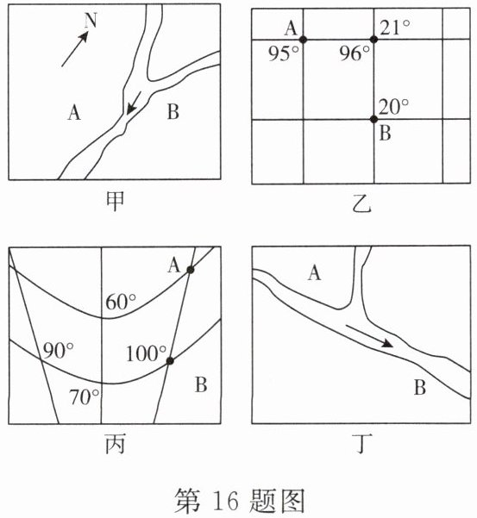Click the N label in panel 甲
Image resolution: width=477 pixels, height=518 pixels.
click(x=91, y=21)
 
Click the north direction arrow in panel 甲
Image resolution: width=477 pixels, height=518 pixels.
click(x=75, y=49)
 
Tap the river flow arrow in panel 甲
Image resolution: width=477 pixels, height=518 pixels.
click(x=134, y=103)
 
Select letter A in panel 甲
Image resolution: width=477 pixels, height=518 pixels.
click(x=74, y=112)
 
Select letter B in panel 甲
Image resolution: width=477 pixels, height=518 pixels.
click(x=173, y=112)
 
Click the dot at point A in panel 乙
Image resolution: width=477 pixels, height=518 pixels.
click(x=303, y=40)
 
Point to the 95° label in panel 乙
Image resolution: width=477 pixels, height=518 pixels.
click(x=283, y=53)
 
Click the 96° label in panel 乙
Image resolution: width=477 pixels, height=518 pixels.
click(x=355, y=53)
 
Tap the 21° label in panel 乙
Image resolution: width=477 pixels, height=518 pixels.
click(x=395, y=28)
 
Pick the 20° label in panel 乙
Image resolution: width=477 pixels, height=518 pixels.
click(x=393, y=107)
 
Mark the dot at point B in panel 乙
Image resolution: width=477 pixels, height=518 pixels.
click(x=373, y=119)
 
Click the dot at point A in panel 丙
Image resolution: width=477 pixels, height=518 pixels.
click(x=191, y=270)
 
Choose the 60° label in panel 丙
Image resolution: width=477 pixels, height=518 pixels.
click(x=121, y=302)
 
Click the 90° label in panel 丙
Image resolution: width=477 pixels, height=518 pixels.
click(x=59, y=350)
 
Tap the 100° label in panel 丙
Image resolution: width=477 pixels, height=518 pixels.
click(x=146, y=353)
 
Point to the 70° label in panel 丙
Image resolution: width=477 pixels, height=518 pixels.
click(x=84, y=396)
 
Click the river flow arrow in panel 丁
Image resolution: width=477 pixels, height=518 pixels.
click(x=369, y=336)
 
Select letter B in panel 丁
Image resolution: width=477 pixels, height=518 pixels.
click(x=420, y=387)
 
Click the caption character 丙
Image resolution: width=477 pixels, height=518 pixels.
click(x=115, y=444)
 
